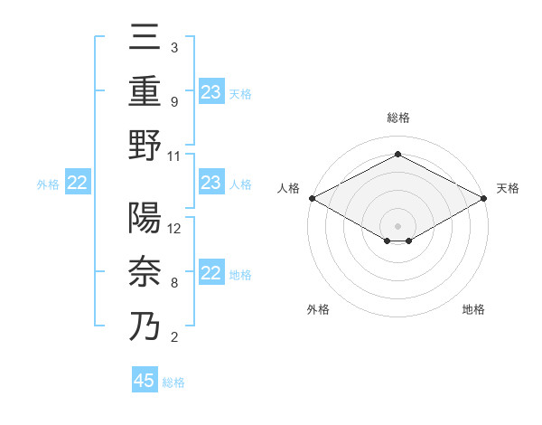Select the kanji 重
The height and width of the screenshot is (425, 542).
pyautogui.click(x=145, y=91)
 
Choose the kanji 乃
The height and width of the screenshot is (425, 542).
pyautogui.click(x=145, y=326)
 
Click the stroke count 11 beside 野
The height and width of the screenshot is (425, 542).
pyautogui.click(x=174, y=156)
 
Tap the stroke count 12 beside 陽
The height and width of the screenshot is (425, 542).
pyautogui.click(x=174, y=228)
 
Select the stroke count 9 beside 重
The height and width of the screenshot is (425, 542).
pyautogui.click(x=173, y=101)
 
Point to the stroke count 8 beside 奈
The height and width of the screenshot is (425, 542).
pyautogui.click(x=173, y=282)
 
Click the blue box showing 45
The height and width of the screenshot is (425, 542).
pyautogui.click(x=145, y=381)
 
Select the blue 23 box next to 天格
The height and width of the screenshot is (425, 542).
pyautogui.click(x=211, y=92)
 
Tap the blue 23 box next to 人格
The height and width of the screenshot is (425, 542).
pyautogui.click(x=211, y=184)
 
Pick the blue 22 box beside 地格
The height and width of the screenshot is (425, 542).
pyautogui.click(x=211, y=274)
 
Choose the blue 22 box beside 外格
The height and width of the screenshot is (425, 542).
pyautogui.click(x=78, y=184)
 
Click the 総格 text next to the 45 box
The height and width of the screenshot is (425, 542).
pyautogui.click(x=173, y=382)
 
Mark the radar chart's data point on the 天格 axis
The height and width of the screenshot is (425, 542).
pyautogui.click(x=485, y=198)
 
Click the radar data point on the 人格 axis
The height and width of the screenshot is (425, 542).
pyautogui.click(x=311, y=198)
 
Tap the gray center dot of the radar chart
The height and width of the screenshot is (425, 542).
pyautogui.click(x=397, y=225)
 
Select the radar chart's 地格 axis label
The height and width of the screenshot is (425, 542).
pyautogui.click(x=473, y=310)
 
